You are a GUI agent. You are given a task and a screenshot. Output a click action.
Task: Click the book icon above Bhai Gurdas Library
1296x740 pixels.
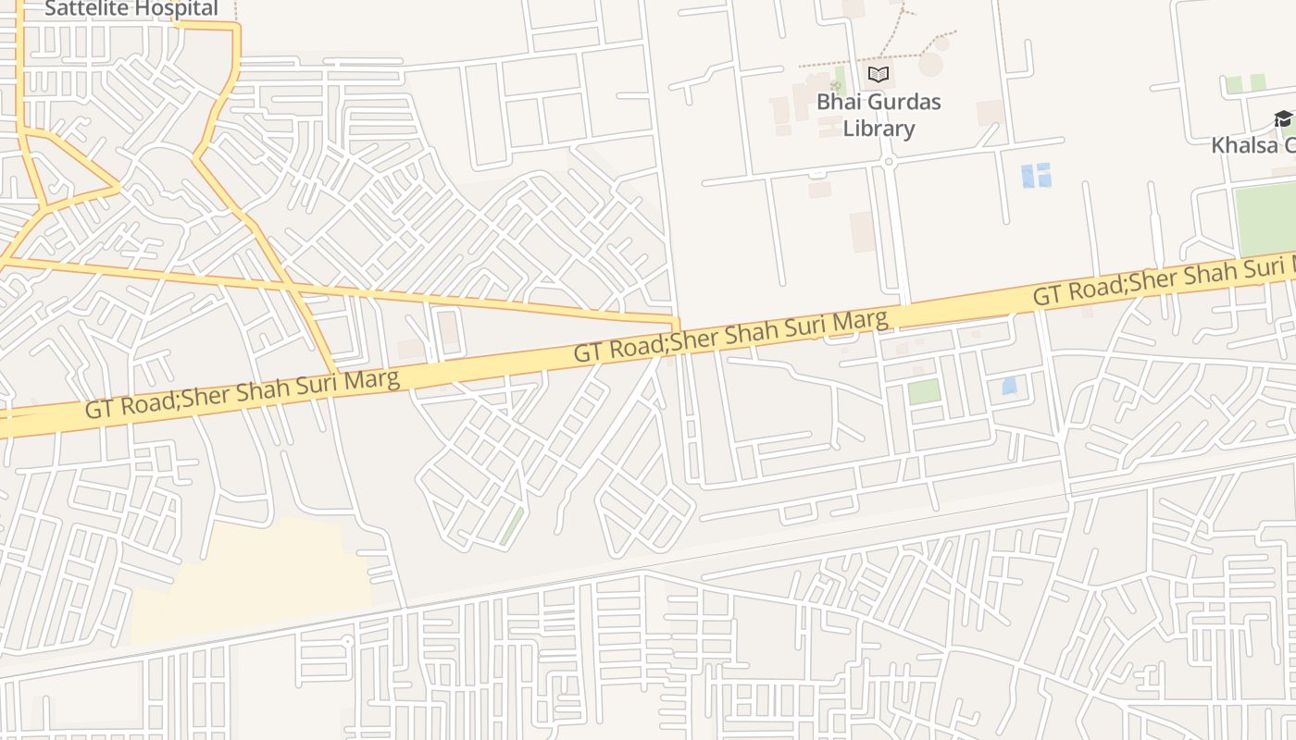pyautogui.click(x=879, y=74)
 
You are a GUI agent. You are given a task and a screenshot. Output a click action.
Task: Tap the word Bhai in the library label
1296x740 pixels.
pyautogui.click(x=836, y=102)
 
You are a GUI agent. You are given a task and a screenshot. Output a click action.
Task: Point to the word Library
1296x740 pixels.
pyautogui.click(x=879, y=129)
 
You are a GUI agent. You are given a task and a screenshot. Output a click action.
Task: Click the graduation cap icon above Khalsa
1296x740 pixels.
pyautogui.click(x=1283, y=118)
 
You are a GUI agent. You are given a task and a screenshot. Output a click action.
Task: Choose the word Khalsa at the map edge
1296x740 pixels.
pyautogui.click(x=1245, y=145)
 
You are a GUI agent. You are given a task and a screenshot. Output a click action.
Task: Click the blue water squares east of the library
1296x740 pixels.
pyautogui.click(x=1036, y=175)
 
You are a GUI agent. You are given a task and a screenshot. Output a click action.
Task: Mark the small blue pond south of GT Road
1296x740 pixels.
pyautogui.click(x=1009, y=386)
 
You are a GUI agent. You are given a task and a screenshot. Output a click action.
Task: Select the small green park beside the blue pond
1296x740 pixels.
pyautogui.click(x=924, y=391)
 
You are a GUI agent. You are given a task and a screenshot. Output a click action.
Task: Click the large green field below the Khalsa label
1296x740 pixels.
pyautogui.click(x=1266, y=218)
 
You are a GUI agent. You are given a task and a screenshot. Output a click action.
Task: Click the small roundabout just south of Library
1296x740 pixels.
pyautogui.click(x=887, y=162)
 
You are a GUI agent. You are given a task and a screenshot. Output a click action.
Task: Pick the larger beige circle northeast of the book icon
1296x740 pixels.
pyautogui.click(x=930, y=64)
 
